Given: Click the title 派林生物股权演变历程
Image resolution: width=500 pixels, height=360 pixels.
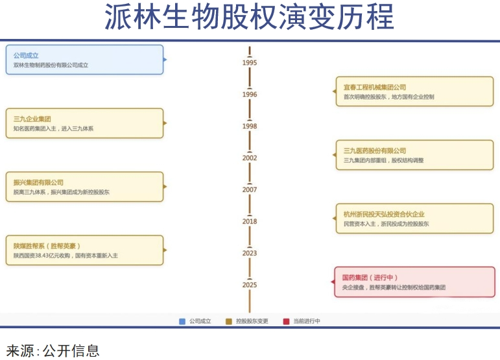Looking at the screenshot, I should [x=250, y=18].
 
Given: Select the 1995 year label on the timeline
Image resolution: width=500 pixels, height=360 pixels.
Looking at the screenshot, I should [x=250, y=63].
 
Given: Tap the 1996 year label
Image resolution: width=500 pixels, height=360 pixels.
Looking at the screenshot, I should [x=250, y=95].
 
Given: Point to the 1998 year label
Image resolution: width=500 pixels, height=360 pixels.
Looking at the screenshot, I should [x=250, y=126].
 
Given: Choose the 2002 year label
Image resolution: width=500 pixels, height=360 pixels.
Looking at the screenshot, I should [x=250, y=158].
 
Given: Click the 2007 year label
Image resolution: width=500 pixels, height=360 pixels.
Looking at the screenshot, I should [x=250, y=190].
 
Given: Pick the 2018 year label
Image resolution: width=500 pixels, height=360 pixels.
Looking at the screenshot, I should [x=250, y=222].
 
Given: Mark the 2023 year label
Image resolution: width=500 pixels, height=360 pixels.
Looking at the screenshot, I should [x=250, y=254].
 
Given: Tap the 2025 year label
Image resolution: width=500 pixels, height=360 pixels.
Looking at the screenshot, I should [x=250, y=285].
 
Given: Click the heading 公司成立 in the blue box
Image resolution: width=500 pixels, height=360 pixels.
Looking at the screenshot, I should [x=26, y=56].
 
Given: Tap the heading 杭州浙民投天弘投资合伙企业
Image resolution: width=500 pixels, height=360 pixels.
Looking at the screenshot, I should [x=384, y=214].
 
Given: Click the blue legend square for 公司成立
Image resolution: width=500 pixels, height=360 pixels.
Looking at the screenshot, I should [x=182, y=321].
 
